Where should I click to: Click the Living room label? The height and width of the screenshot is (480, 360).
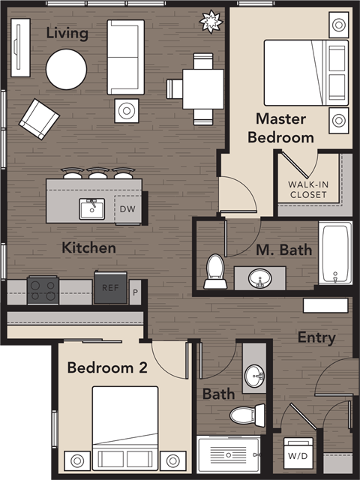click(x=67, y=33)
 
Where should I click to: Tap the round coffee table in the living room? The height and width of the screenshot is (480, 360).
click(x=67, y=69)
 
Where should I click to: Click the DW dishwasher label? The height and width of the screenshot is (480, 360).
click(x=125, y=208)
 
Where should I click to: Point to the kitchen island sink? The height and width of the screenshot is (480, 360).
click(x=92, y=208)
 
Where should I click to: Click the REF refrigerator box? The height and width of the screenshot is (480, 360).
click(x=110, y=287)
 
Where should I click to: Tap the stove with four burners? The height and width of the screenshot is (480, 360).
click(x=43, y=289)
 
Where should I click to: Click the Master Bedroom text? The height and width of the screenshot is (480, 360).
click(x=280, y=127)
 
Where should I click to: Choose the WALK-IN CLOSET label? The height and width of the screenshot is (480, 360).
click(x=307, y=190)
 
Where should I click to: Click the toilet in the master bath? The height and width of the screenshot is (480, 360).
click(x=215, y=271)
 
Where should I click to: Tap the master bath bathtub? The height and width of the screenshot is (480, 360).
click(x=334, y=253)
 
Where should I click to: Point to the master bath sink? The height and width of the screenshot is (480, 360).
click(x=259, y=277)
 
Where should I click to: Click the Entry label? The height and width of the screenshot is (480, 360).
click(x=316, y=337)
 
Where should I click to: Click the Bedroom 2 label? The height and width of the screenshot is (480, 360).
click(x=107, y=367)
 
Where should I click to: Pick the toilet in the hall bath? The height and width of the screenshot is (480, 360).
click(x=246, y=414)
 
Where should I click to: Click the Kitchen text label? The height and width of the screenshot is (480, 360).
click(x=88, y=247)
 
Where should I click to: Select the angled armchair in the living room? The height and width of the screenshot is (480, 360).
click(x=39, y=118)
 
